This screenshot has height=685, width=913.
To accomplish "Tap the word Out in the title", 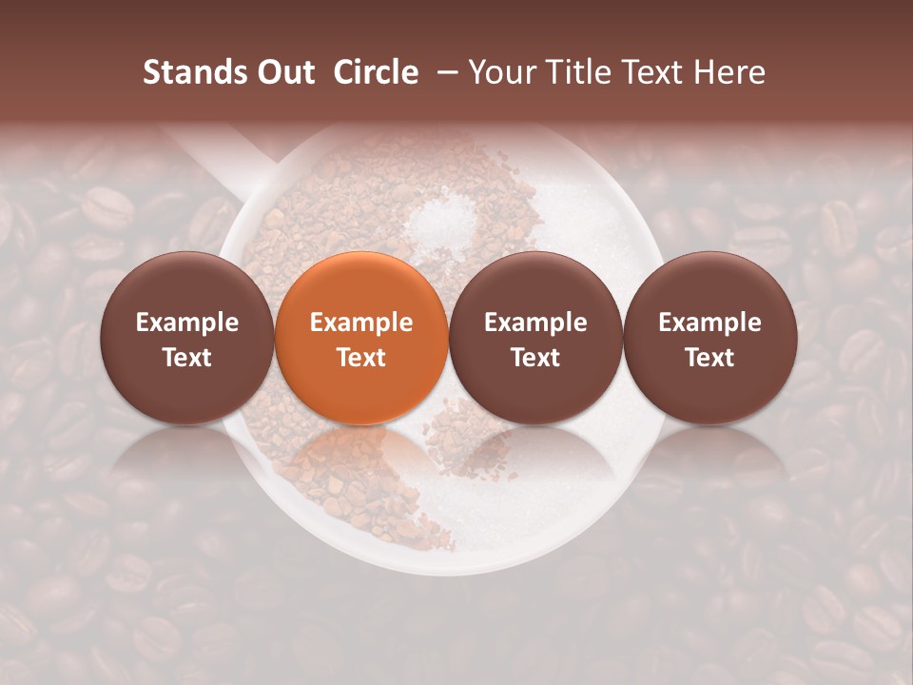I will (x=283, y=72).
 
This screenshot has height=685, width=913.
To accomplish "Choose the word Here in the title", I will (x=728, y=72).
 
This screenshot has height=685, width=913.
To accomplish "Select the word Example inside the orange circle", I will (x=361, y=323).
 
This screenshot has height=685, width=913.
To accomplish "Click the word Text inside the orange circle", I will (x=361, y=358).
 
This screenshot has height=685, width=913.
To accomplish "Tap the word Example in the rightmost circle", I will (x=710, y=323).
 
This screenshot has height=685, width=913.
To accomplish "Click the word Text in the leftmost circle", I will (x=187, y=358).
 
